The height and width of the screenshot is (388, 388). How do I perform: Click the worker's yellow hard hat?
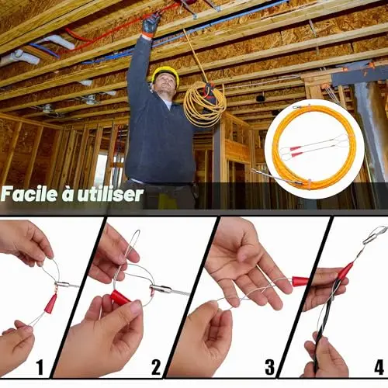(166, 73)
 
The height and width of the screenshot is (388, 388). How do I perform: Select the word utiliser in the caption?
(111, 194)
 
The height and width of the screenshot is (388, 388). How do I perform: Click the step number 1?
(40, 367)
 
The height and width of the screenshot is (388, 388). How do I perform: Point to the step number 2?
(156, 367)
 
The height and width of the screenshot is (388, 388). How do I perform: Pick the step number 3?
(269, 367)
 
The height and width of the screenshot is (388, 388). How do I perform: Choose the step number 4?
(379, 367)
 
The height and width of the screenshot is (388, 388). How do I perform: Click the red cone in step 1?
(50, 304)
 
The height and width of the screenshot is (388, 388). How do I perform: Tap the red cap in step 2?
(120, 297)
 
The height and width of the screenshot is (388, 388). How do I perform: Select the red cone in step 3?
(300, 281)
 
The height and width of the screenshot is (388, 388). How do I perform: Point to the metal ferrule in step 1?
(63, 285)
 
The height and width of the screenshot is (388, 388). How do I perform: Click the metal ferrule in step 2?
(161, 289)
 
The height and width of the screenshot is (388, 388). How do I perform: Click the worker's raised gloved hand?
(151, 26)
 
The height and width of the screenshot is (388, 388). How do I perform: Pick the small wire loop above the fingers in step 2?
(132, 242)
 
